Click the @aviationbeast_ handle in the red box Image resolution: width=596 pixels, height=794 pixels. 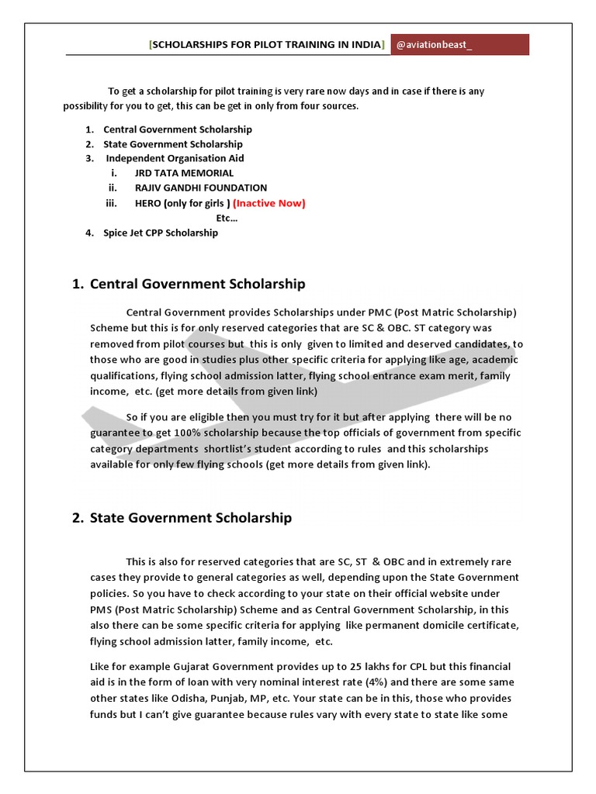pos(434,45)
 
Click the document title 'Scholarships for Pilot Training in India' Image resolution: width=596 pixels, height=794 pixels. pos(266,45)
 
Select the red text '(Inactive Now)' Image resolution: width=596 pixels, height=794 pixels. pos(269,203)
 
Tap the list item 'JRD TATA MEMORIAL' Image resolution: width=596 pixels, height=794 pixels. pos(184,173)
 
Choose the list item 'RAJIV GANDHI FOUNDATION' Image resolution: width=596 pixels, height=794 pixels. pos(200,188)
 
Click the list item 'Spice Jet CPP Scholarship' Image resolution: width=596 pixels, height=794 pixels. pos(161,233)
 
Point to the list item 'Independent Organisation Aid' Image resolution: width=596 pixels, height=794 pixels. pos(175,158)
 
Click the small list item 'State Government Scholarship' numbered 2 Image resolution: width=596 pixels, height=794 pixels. pos(172,144)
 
